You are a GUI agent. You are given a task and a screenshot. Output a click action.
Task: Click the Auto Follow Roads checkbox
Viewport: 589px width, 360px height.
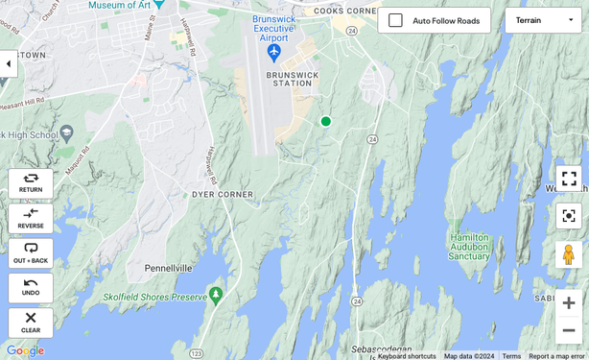pos(395,20)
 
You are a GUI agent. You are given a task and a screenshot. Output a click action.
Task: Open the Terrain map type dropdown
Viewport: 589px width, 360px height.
pos(543,20)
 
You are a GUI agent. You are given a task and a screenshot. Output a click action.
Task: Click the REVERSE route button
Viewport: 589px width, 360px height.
pos(31,218)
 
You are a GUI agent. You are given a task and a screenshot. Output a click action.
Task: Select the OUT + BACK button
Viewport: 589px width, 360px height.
pos(31,252)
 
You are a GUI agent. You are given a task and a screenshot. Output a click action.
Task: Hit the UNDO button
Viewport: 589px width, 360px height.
pos(31,287)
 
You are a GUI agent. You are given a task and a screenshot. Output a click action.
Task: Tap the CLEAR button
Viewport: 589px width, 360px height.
pos(31,323)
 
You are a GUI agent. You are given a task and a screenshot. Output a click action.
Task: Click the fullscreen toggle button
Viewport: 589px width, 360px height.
pos(569,179)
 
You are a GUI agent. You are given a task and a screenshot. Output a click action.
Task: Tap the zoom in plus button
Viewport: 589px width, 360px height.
pos(569,302)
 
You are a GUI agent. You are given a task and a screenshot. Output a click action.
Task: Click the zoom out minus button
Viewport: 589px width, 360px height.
pos(569,330)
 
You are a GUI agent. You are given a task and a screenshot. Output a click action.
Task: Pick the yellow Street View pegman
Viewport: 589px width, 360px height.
pos(569,254)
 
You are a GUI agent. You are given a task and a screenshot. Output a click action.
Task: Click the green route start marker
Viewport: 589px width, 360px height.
pos(325,121)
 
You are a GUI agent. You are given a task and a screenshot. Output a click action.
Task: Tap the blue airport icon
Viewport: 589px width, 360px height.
pos(274,50)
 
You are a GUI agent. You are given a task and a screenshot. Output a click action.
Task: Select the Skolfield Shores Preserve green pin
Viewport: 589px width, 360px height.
pos(216,294)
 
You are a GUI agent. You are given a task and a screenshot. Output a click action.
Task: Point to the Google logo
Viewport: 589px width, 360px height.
pos(25,350)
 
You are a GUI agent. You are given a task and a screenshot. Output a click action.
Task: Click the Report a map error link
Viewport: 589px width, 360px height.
pos(556,356)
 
